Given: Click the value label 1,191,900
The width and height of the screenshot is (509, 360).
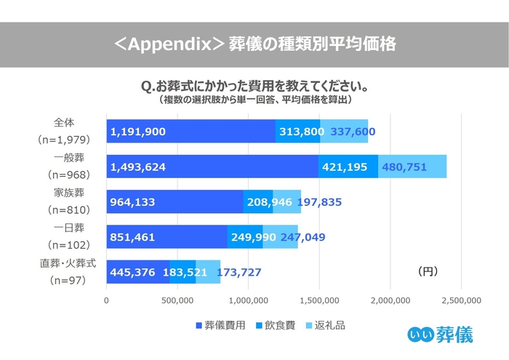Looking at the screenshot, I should (x=139, y=132).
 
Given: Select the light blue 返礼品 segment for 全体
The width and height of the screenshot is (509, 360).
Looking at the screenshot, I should (x=343, y=132).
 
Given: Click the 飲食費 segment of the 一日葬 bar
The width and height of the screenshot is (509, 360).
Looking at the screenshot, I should (x=245, y=237).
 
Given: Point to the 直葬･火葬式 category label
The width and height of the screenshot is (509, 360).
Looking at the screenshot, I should (x=65, y=263).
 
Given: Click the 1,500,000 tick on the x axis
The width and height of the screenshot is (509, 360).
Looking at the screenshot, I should (x=319, y=300).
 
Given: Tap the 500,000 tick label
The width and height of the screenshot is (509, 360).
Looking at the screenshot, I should (x=177, y=300).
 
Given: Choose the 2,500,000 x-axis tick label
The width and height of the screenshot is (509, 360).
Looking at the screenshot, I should (x=462, y=300).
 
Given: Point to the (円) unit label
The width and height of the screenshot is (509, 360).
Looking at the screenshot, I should (x=428, y=271).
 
